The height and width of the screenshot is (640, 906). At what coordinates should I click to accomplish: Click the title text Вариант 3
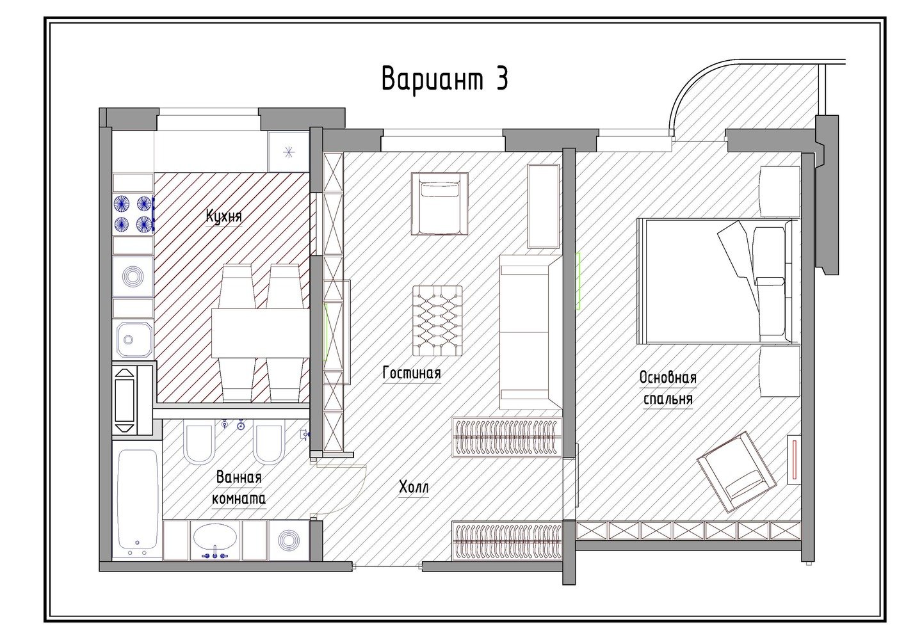(445, 79)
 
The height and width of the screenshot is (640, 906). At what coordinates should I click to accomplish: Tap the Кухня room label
(223, 216)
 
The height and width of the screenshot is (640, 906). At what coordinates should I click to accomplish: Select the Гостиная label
(412, 372)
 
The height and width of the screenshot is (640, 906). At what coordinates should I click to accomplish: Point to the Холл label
(414, 488)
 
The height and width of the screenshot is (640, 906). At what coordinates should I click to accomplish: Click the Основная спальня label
(668, 388)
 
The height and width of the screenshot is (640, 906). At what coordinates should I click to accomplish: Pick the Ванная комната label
(239, 488)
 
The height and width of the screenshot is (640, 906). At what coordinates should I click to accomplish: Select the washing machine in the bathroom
(289, 540)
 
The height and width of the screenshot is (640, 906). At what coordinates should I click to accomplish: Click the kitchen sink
(134, 340)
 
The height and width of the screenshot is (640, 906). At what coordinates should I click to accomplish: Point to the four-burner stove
(133, 214)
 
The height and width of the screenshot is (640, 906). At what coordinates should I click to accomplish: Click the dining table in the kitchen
(260, 333)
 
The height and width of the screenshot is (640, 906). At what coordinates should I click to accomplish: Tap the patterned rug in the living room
(437, 321)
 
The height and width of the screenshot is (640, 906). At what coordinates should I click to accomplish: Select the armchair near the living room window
(440, 204)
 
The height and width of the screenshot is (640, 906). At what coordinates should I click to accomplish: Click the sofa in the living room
(531, 332)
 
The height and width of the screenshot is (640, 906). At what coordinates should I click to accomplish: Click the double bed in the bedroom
(714, 282)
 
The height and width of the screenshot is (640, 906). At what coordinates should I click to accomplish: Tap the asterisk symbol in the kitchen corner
(288, 152)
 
